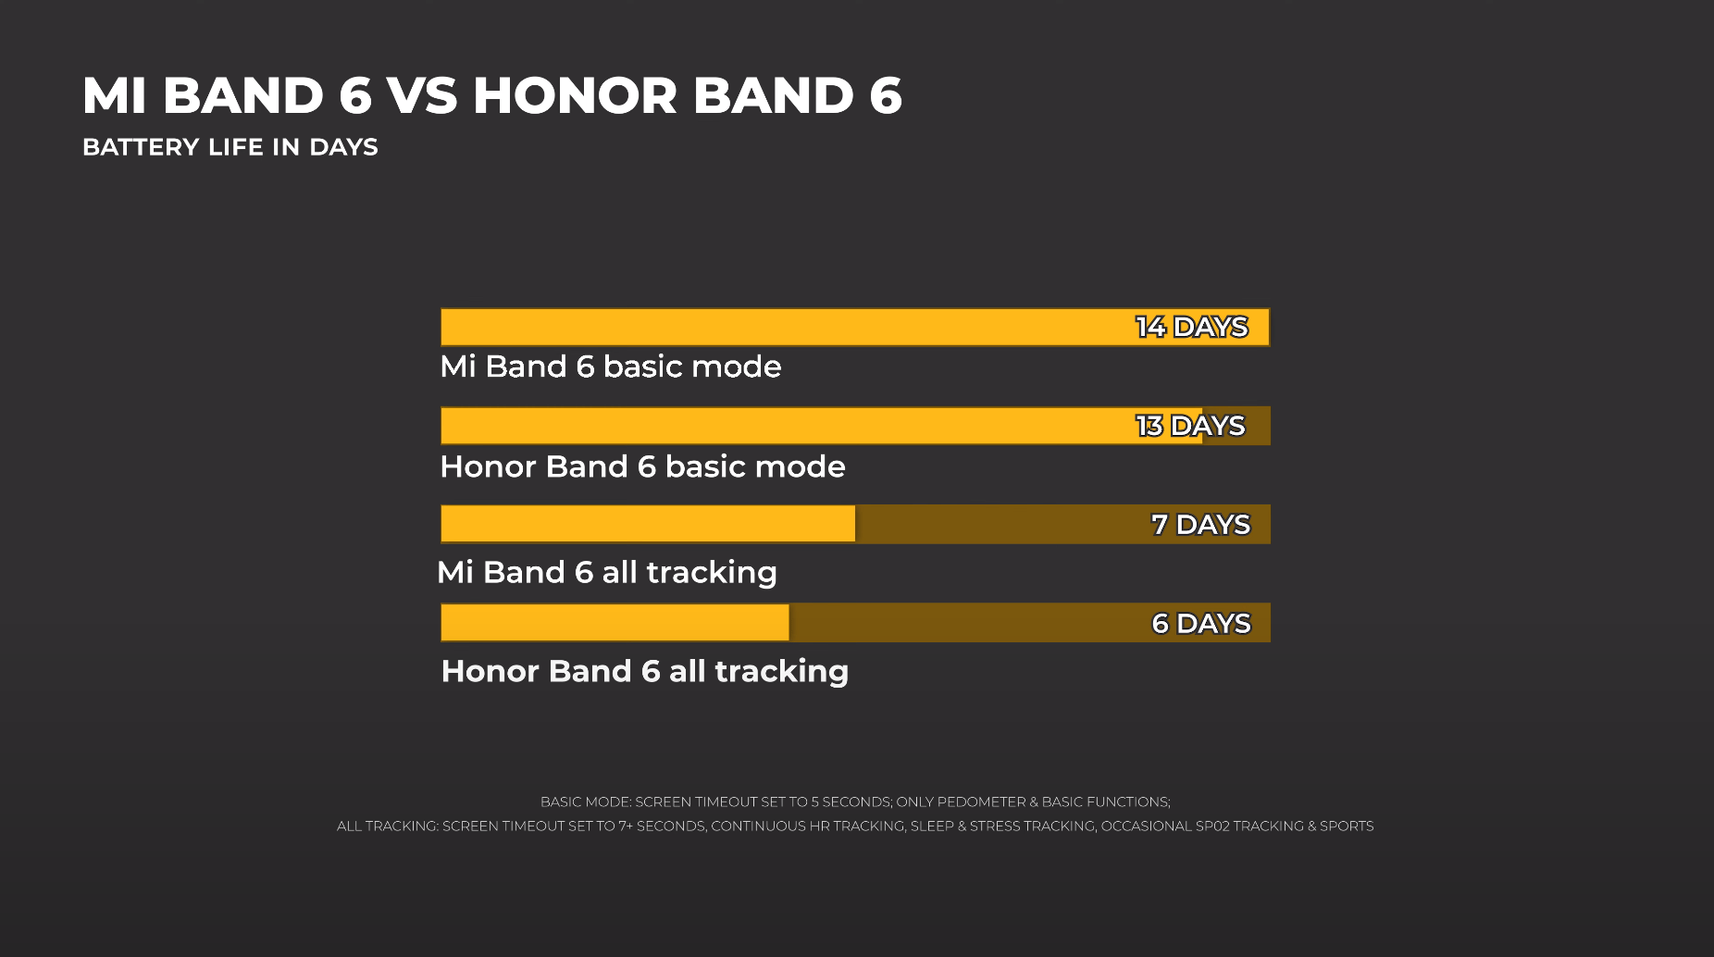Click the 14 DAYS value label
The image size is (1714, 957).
coord(1192,327)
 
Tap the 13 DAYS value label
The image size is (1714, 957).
coord(1191,426)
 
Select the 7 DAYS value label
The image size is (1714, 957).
coord(1201,525)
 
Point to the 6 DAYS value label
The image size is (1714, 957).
coord(1201,624)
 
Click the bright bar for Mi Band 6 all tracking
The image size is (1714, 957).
coord(648,524)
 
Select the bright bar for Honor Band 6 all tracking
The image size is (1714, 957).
coord(615,623)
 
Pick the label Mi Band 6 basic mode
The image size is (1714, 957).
coord(611,367)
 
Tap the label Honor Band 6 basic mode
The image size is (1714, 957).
coord(643,466)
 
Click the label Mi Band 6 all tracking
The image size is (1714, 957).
coord(607,572)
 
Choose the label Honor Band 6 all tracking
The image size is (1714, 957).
coord(645,671)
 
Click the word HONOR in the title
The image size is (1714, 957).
coord(576,95)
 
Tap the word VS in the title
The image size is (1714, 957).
coord(422,95)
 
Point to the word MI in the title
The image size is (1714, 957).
coord(115,95)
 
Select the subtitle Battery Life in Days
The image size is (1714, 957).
coord(230,147)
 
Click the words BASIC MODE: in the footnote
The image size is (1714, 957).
coord(585,802)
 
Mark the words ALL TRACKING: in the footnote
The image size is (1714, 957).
coord(387,826)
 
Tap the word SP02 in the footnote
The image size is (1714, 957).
coord(1211,826)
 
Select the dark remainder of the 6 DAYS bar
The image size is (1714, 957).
coord(1030,623)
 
